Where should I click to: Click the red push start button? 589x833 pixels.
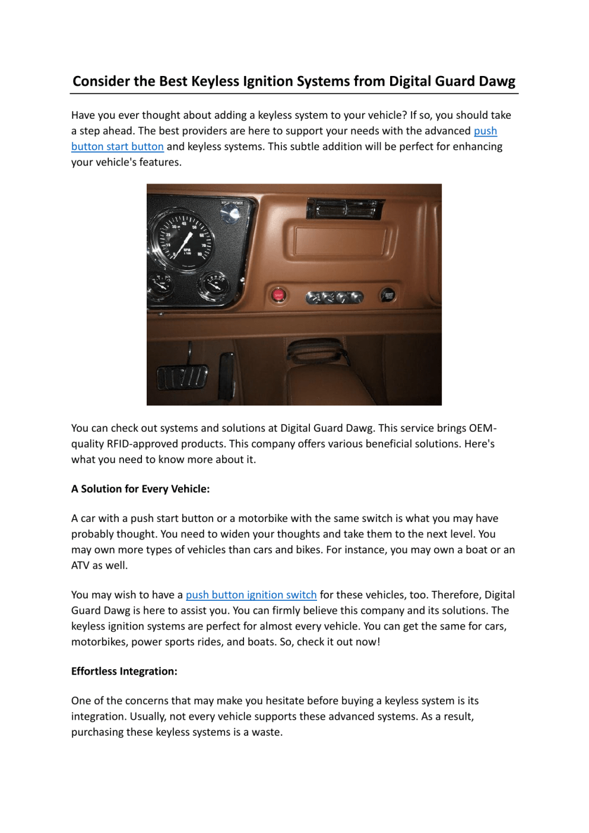tap(278, 295)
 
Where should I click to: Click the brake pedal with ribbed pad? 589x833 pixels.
tap(182, 376)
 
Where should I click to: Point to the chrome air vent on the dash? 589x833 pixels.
tap(345, 209)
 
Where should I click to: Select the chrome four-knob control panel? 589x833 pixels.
tap(334, 297)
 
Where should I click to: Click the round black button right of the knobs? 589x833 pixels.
tap(388, 295)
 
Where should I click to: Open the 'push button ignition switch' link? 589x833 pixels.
tap(251, 595)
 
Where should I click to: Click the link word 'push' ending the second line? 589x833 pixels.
tap(485, 131)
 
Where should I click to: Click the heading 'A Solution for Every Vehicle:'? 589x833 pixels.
tap(140, 489)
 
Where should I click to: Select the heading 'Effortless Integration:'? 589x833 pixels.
tap(124, 672)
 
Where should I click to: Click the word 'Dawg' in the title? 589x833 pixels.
tap(497, 81)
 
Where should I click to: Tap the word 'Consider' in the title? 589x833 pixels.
tap(101, 81)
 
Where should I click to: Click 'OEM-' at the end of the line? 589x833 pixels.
tap(483, 428)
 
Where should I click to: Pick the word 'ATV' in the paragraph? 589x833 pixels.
tap(80, 565)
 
